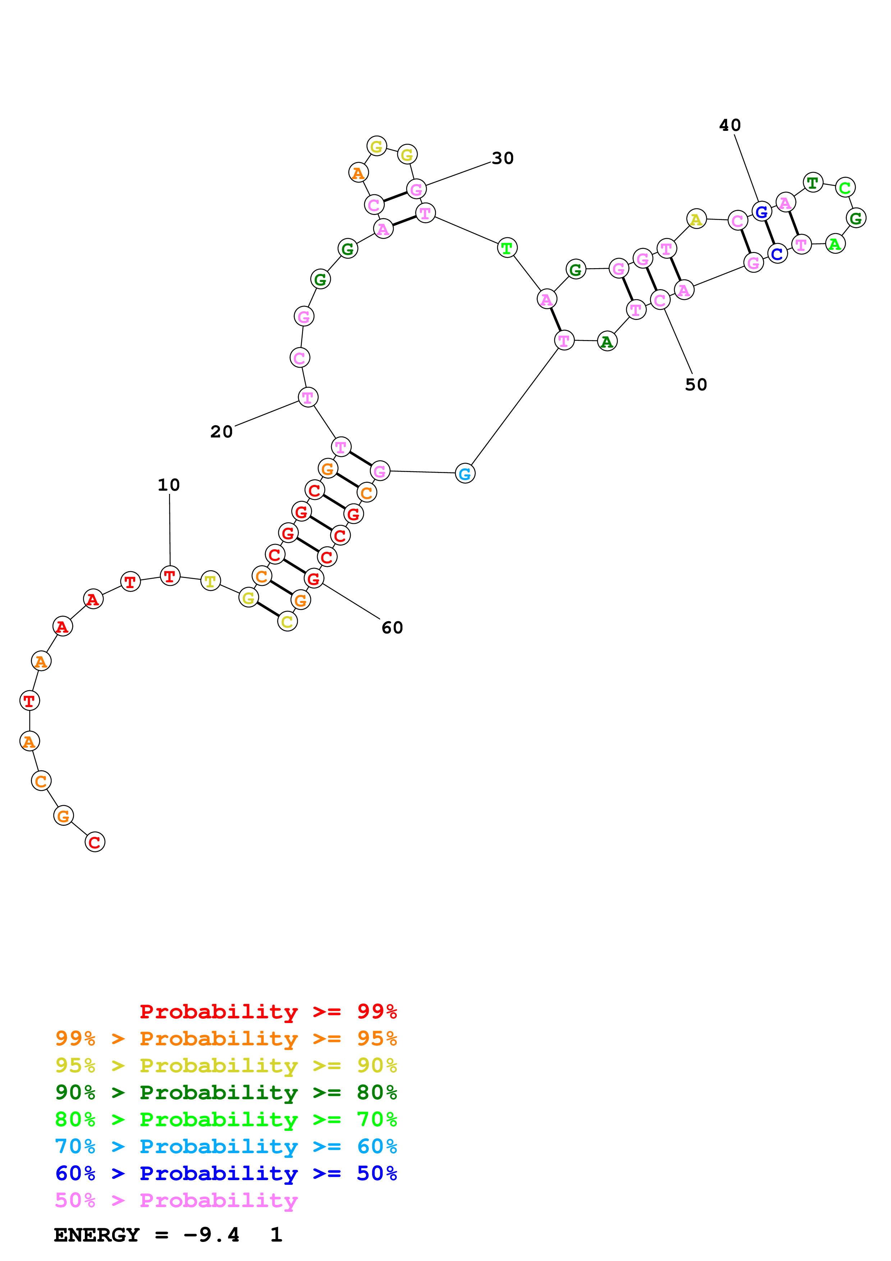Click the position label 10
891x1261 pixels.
point(169,485)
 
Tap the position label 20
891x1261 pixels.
point(221,432)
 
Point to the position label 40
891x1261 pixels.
point(730,125)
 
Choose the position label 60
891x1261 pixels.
point(392,628)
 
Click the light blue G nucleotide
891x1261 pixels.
point(465,473)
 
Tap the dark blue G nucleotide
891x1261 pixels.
point(761,211)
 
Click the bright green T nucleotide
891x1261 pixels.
point(507,248)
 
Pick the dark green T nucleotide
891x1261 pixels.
point(813,182)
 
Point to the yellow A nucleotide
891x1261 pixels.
point(696,219)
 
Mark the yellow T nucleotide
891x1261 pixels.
point(210,581)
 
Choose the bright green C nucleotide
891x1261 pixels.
point(845,188)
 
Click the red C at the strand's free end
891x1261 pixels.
point(95,842)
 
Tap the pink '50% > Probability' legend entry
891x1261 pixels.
point(176,1201)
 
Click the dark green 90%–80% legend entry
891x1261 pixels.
point(226,1092)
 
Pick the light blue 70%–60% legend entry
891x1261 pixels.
point(226,1147)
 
